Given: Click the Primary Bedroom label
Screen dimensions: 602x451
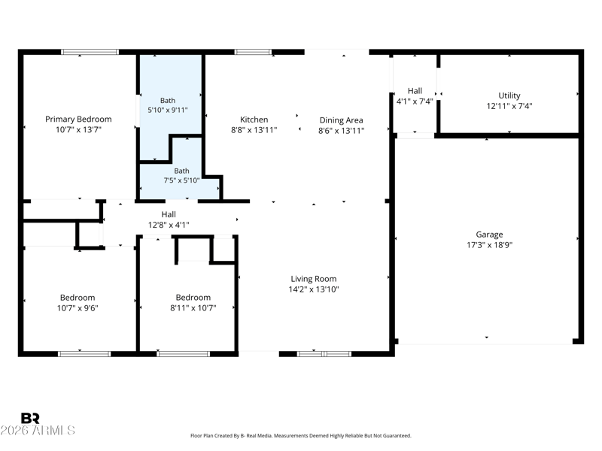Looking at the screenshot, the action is tap(78, 120).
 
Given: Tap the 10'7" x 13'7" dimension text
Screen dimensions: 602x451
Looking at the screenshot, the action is tap(78, 129).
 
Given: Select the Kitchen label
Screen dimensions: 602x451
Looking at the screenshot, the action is tap(254, 120).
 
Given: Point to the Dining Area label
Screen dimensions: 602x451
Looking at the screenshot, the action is tap(342, 120).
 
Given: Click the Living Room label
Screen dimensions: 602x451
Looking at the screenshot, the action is tap(314, 279).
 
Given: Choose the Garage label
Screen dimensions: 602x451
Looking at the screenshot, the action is tap(490, 235).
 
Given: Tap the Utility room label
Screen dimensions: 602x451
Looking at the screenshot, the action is tap(509, 96).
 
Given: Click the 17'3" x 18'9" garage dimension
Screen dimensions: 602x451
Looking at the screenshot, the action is tap(490, 245).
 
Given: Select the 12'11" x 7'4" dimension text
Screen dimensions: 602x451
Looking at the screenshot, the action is tap(509, 106).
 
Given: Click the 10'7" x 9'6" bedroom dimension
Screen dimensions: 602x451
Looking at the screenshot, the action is tap(78, 308).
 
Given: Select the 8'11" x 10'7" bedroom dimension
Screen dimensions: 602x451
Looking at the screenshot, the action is tap(193, 308).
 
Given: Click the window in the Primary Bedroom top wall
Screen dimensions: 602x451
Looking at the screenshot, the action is tap(90, 52).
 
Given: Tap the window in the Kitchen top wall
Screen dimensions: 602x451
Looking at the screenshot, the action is tap(253, 52).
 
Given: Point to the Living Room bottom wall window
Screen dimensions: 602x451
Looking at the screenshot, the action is tap(324, 354).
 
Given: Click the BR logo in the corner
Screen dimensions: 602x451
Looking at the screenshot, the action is tap(30, 418).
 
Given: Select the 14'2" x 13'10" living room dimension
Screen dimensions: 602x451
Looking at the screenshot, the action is tap(314, 289).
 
